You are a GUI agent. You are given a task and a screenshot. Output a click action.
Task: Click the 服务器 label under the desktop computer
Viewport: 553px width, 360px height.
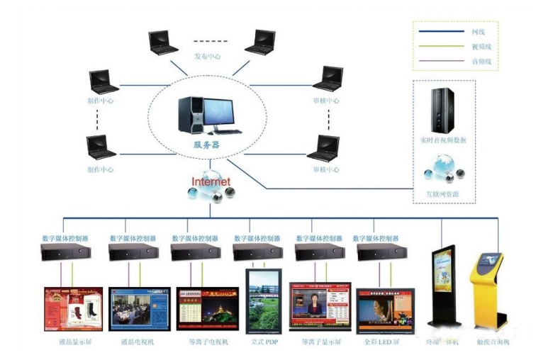(206, 144)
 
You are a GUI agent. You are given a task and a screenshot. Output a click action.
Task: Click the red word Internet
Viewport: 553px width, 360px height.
(211, 181)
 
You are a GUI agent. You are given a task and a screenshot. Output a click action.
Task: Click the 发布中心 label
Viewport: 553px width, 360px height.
(208, 57)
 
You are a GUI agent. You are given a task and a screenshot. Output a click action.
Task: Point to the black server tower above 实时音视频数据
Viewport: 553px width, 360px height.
(443, 111)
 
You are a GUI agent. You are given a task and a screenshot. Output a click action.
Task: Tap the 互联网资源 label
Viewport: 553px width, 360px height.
(444, 193)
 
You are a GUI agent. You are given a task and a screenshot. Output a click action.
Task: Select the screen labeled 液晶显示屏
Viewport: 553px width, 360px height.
(73, 309)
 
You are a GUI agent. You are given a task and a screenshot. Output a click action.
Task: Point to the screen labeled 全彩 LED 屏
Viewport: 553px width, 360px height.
(385, 310)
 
